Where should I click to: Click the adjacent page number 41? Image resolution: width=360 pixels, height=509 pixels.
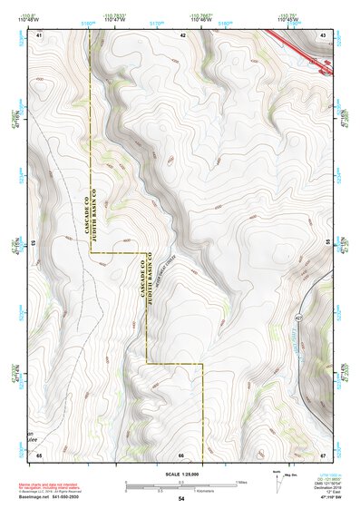coord(40,34)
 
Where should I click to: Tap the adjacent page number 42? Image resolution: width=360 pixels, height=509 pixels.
coord(182,34)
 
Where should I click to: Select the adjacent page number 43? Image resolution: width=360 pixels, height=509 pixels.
coord(323,34)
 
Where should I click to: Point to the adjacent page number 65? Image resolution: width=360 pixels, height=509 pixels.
coord(40,454)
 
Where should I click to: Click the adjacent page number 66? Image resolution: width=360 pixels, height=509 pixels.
coord(181,454)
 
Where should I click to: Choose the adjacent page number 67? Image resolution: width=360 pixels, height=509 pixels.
coord(323,454)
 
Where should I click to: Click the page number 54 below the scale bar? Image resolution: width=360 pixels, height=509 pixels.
coord(181,498)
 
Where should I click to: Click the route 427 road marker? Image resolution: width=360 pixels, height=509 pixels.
coord(298,318)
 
